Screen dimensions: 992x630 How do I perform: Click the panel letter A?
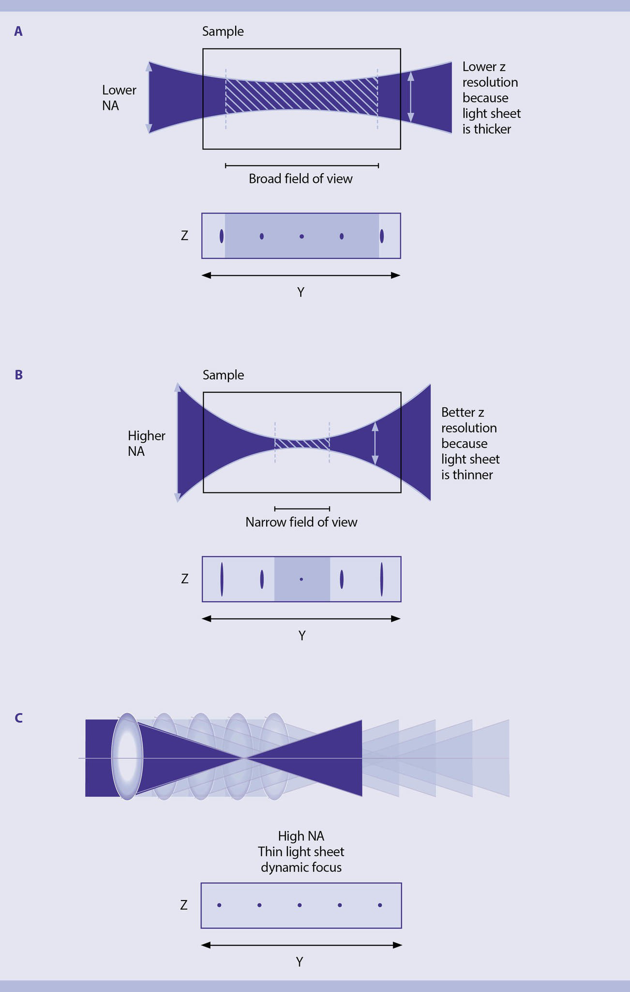coord(19,32)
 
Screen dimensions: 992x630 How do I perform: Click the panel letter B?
coord(19,375)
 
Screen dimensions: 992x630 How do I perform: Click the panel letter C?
coord(19,718)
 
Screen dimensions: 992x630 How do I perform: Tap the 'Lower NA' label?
coord(119,98)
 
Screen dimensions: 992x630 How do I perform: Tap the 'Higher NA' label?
coord(146,443)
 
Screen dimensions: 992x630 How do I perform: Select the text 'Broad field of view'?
coord(300,179)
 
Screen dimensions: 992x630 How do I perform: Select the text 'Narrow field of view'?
coord(301,522)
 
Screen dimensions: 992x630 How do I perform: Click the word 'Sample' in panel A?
coord(223,32)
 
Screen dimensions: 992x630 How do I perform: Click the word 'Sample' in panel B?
coord(223,375)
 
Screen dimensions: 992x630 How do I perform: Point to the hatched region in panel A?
coord(301,96)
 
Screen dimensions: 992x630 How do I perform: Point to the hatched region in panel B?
coord(302,444)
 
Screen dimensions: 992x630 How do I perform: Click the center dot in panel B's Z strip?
coord(301,579)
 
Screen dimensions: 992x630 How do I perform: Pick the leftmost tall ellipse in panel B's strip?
coord(222,579)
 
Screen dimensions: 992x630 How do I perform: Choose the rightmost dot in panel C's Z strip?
coord(380,905)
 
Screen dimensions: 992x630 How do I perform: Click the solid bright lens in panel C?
coord(127,757)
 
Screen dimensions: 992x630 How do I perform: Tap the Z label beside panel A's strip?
coord(185,236)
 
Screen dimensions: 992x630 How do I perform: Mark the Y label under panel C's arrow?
coord(299,962)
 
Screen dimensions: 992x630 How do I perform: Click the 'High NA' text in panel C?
coord(301,836)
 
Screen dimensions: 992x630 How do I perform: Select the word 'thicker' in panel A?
coord(492,129)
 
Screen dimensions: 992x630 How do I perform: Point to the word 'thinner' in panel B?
coord(473,475)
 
